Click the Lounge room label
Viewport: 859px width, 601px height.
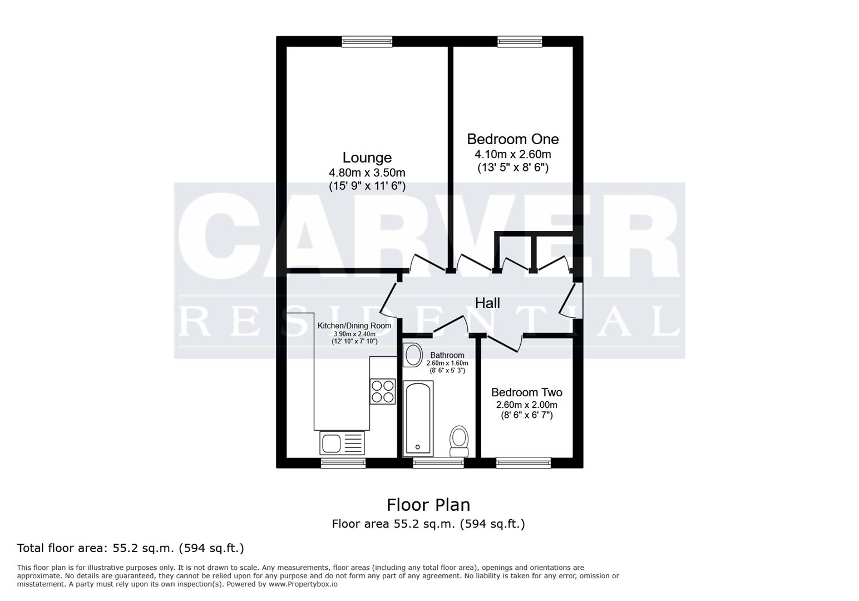[x=367, y=158]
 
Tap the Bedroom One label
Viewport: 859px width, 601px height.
[x=512, y=139]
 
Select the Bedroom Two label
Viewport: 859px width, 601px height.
[x=526, y=392]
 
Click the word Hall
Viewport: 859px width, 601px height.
[x=487, y=303]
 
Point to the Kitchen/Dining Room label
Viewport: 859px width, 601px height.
[x=354, y=326]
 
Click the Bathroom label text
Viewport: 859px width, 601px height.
[x=447, y=355]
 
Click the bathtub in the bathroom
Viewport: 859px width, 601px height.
[x=417, y=417]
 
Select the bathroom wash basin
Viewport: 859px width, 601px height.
[x=413, y=354]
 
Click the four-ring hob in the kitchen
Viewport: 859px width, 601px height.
[x=383, y=391]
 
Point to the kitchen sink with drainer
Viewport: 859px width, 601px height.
[x=342, y=444]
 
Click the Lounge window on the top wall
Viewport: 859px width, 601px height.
[x=367, y=41]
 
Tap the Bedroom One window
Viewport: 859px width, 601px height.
[x=519, y=41]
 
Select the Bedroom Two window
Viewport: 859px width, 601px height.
[x=523, y=462]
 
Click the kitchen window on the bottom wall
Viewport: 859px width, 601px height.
[x=343, y=462]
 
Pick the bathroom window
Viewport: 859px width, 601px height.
[x=438, y=462]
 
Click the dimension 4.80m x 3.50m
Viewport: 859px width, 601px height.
[x=367, y=173]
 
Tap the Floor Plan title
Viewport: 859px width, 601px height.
[x=428, y=505]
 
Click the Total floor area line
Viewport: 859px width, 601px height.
[x=131, y=548]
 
